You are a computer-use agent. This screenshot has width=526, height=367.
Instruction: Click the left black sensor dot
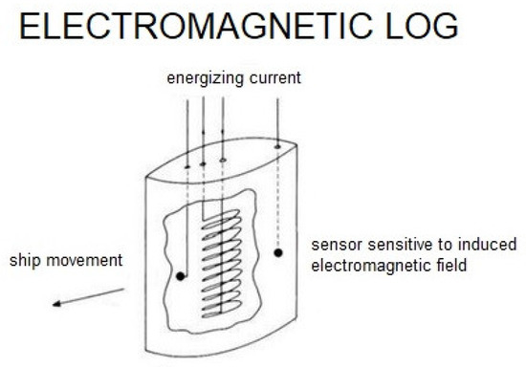coord(180,277)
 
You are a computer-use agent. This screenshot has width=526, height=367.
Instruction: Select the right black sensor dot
coord(278,253)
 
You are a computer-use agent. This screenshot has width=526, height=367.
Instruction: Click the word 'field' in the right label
coord(452,266)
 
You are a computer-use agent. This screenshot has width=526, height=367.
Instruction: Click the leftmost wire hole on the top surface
coord(187,164)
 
